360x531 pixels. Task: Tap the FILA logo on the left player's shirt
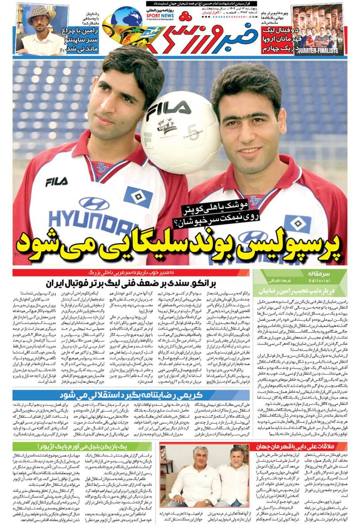point(56,181)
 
